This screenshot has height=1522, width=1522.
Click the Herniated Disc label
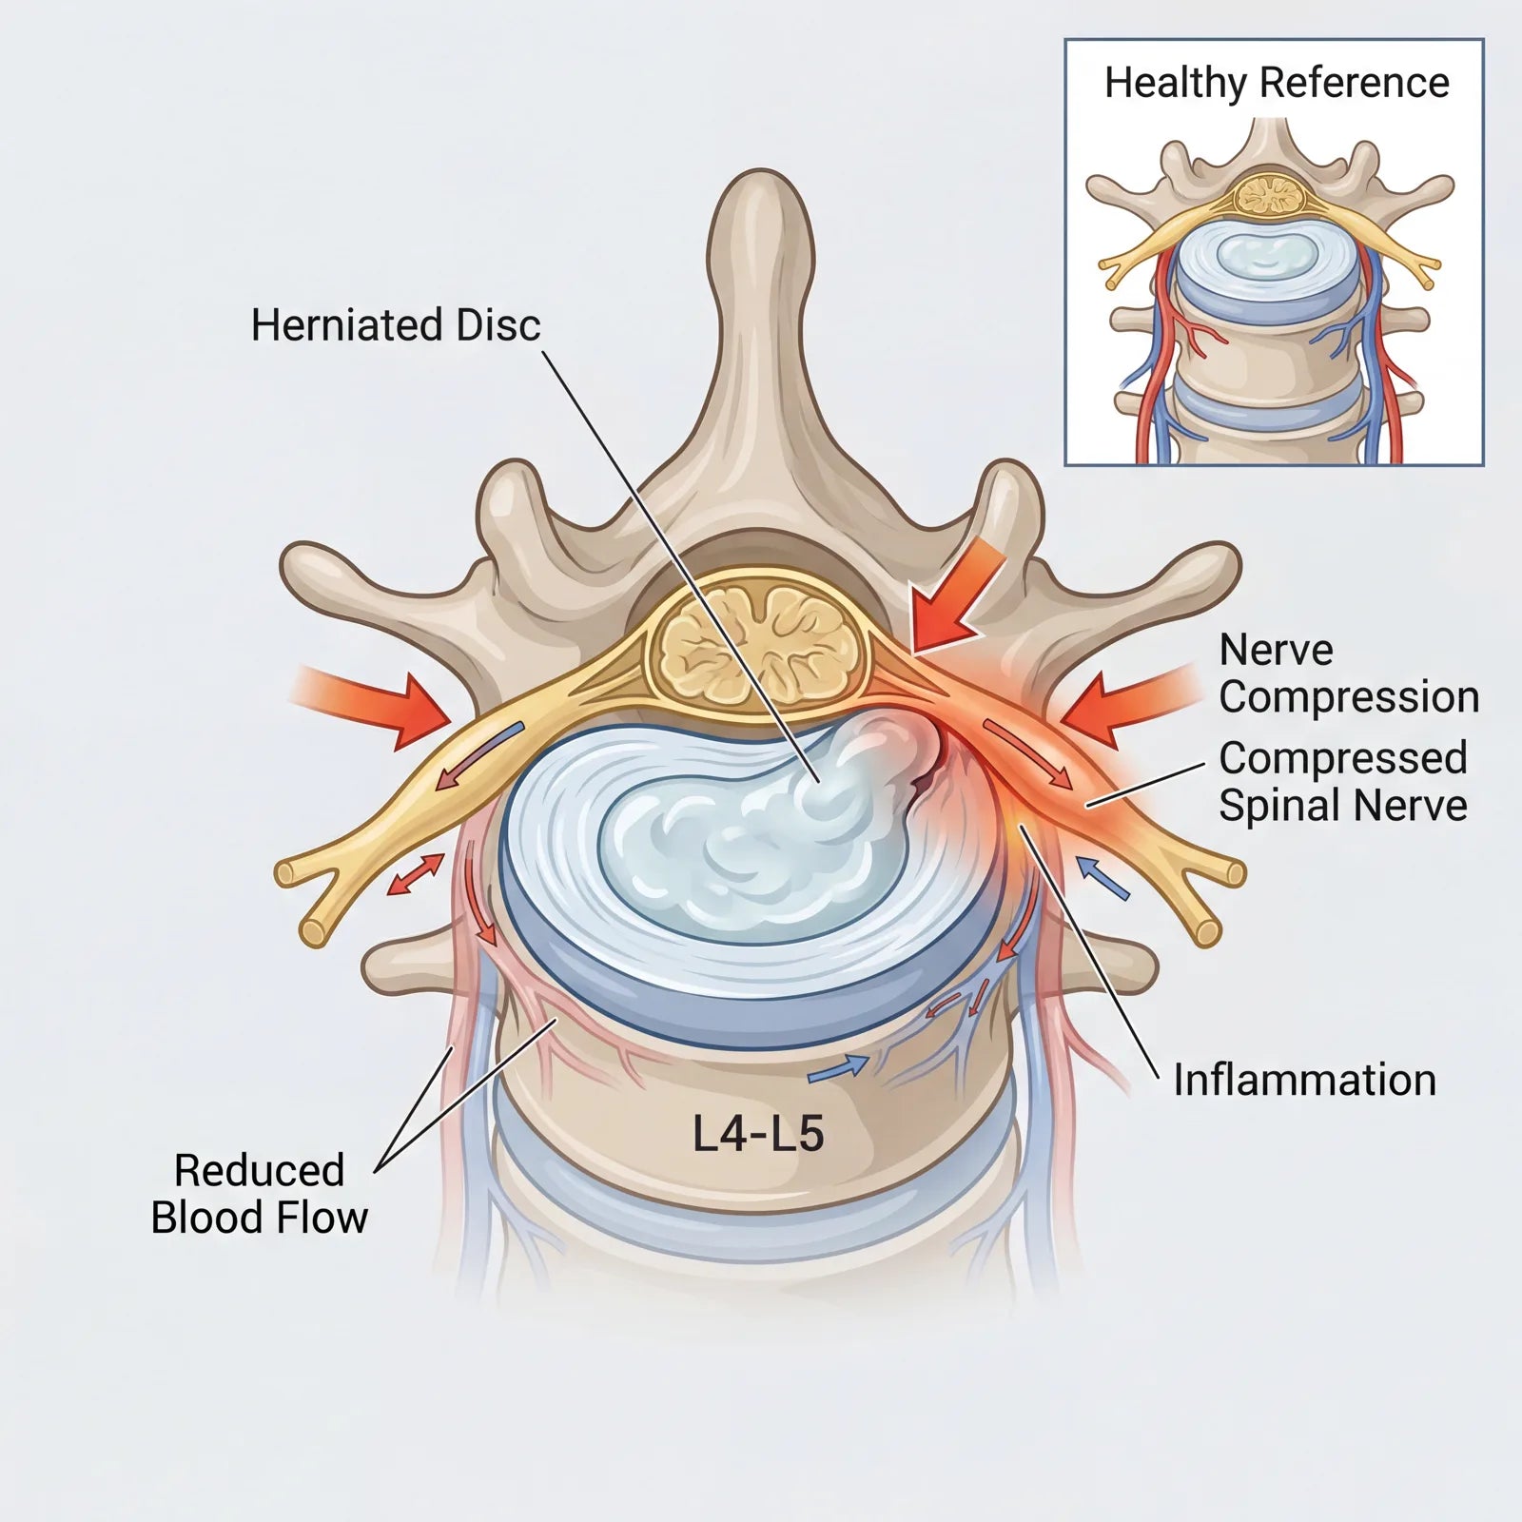(396, 325)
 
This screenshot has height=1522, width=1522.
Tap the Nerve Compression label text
(1349, 673)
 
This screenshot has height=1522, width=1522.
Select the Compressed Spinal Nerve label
(1343, 781)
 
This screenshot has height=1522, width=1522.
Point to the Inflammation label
(1304, 1080)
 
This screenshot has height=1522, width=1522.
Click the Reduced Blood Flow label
(259, 1194)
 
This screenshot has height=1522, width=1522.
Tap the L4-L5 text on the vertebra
(758, 1134)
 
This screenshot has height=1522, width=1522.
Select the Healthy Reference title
(1277, 83)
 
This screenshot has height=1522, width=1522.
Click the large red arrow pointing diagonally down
(953, 597)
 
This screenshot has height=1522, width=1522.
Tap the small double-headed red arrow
(417, 874)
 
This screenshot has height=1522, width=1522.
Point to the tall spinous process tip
(761, 190)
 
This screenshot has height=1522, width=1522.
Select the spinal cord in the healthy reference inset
(1269, 195)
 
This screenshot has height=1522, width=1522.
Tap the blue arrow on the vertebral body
(838, 1069)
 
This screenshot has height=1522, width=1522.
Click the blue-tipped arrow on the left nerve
(480, 758)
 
